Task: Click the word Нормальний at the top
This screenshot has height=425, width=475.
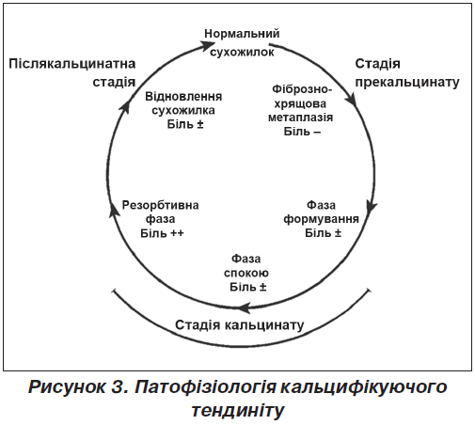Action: coord(242,34)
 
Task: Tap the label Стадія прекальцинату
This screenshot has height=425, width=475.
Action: coord(407,72)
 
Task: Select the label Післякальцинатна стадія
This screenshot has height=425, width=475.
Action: coord(72,72)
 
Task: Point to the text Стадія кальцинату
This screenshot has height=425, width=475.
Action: coord(240,324)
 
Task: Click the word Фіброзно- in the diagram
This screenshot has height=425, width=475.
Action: coord(302,89)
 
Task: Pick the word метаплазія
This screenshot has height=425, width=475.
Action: coord(300,118)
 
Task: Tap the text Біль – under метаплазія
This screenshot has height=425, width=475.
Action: coord(302,132)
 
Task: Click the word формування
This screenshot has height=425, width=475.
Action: coord(322,219)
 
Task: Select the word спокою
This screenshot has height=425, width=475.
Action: coord(246,273)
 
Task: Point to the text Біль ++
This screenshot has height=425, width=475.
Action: coord(162,233)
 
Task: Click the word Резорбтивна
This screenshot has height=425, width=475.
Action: coord(160,205)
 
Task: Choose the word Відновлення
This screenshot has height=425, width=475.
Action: coord(183,97)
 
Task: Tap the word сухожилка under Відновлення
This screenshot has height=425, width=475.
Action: coord(183,110)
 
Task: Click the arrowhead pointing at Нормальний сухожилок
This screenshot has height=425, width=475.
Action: coord(207,45)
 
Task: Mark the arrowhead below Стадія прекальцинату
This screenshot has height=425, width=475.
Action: coord(352,101)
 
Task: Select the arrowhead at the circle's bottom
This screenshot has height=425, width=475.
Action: coord(245,307)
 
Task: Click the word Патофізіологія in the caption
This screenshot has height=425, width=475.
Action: coord(205,387)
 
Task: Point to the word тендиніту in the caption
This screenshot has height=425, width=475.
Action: coord(238,411)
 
